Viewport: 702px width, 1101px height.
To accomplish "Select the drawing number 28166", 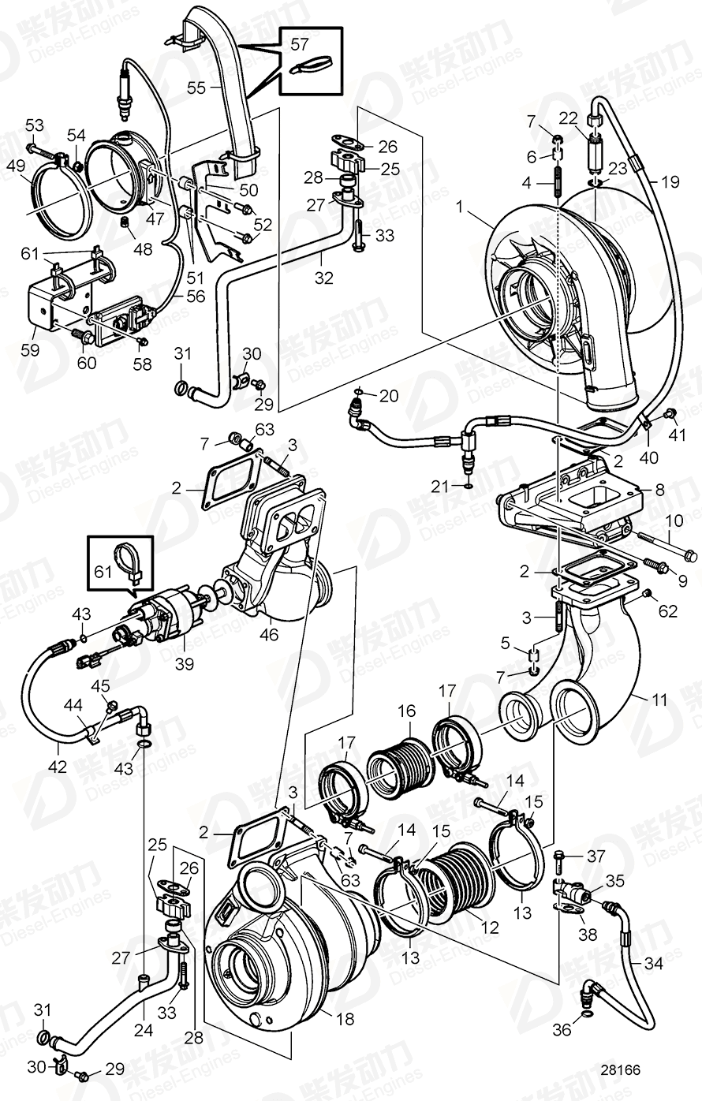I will pyautogui.click(x=619, y=1069).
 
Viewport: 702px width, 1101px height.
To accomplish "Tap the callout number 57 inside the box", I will pyautogui.click(x=300, y=45).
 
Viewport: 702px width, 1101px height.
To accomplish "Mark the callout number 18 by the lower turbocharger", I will pyautogui.click(x=345, y=1019).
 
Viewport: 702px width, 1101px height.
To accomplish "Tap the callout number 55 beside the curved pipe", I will pyautogui.click(x=196, y=88).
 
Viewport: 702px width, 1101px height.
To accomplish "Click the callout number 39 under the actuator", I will pyautogui.click(x=184, y=664).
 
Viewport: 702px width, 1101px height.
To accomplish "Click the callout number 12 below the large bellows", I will pyautogui.click(x=491, y=928).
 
